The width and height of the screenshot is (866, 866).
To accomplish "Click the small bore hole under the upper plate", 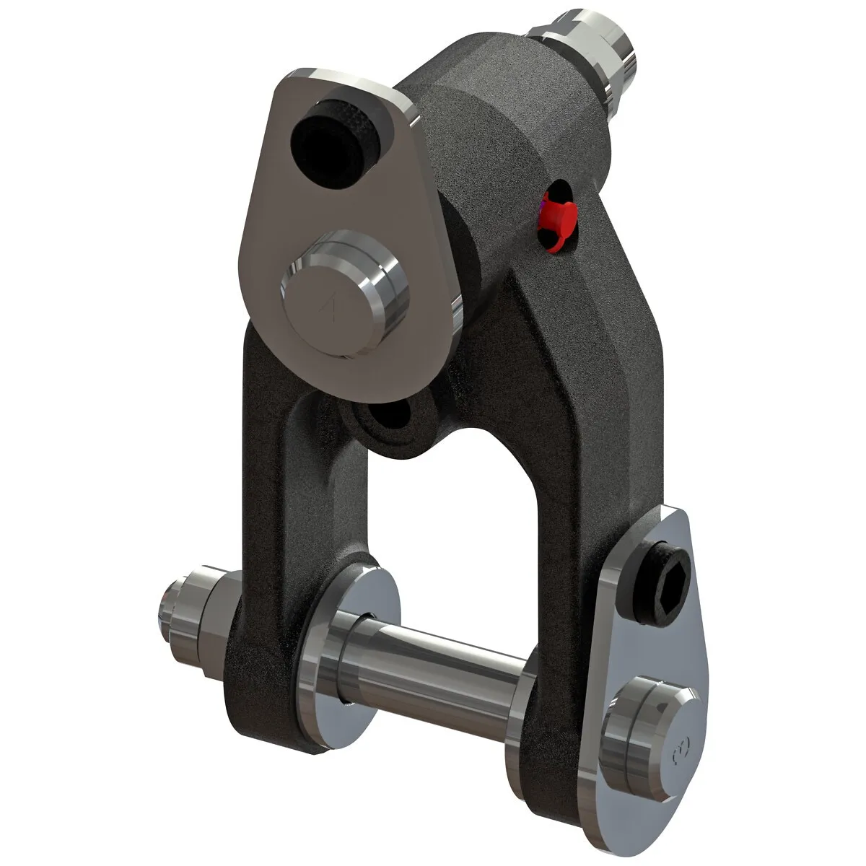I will [390, 419].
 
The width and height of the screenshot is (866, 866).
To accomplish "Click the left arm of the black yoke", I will [267, 520].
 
